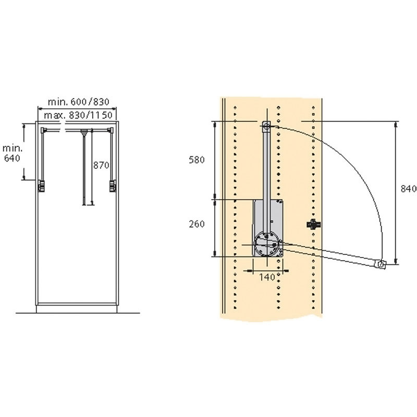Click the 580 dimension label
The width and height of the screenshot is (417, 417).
[x=197, y=160]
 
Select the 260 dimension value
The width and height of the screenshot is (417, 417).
[x=197, y=224]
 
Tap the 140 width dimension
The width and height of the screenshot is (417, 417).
[x=267, y=277]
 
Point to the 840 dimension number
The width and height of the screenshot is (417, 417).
[x=409, y=189]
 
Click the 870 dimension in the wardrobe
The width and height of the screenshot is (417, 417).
[x=101, y=165]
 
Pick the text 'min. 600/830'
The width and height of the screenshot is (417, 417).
[x=79, y=102]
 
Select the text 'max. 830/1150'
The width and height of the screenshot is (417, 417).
[x=78, y=115]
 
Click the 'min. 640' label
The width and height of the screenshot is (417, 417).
[x=12, y=153]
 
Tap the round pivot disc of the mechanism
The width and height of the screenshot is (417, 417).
[x=266, y=244]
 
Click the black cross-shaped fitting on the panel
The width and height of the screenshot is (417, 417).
[x=314, y=225]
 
